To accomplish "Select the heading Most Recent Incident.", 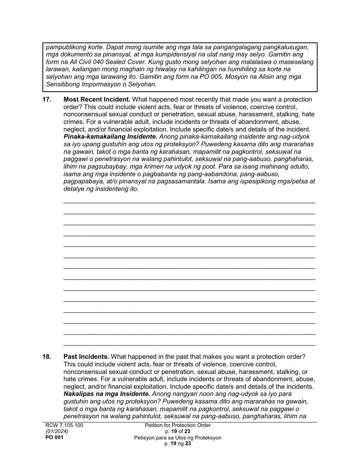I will [x=97, y=100].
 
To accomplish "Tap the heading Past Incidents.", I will [x=86, y=357].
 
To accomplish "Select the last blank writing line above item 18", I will [x=189, y=345].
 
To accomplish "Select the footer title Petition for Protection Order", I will [x=177, y=425].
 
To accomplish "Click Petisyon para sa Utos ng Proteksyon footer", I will [x=177, y=438].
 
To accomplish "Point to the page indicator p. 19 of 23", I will [x=177, y=432].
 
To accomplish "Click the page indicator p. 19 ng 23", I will [x=177, y=444].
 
